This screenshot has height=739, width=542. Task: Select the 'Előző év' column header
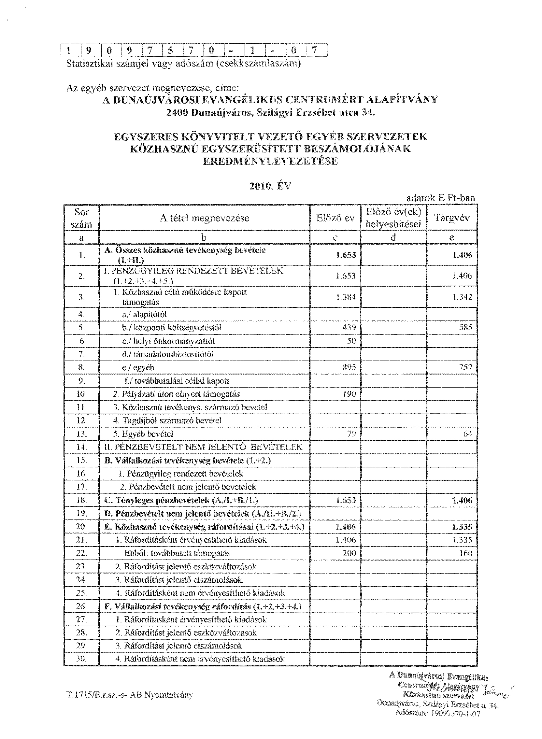tap(335, 218)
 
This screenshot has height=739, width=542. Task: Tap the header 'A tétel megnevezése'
tap(205, 218)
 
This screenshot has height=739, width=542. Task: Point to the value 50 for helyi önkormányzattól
tap(351, 341)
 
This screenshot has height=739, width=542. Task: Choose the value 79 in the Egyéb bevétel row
tap(351, 434)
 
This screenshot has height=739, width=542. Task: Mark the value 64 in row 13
tap(467, 434)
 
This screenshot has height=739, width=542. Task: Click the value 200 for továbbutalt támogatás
tap(349, 553)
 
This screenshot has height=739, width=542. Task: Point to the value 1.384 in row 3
tap(346, 297)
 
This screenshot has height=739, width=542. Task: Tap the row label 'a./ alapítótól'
tap(144, 314)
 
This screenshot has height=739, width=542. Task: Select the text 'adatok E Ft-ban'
tap(441, 198)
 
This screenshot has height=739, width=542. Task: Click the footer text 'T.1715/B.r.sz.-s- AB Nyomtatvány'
tap(129, 695)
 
